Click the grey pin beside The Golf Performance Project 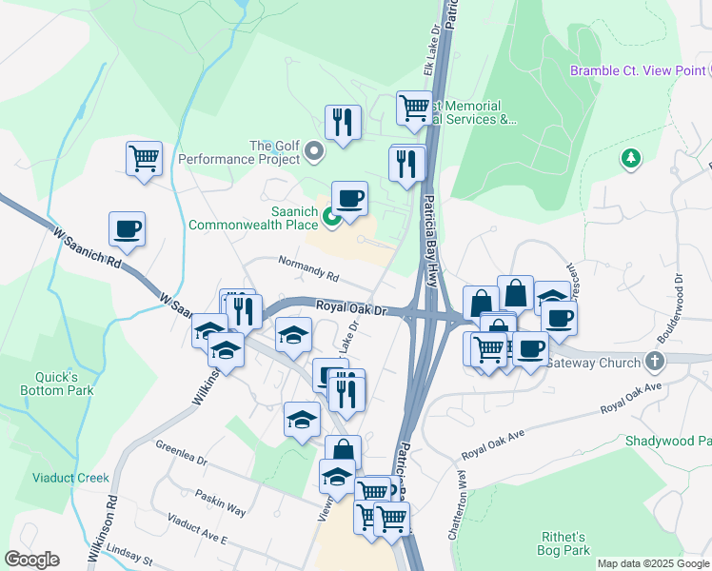tap(315, 150)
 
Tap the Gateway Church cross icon tap(653, 362)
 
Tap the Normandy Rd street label tap(308, 268)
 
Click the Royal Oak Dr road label tap(352, 309)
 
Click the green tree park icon tap(630, 159)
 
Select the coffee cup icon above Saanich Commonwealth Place tap(349, 198)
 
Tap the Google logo tap(31, 560)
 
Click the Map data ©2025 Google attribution tap(653, 563)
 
